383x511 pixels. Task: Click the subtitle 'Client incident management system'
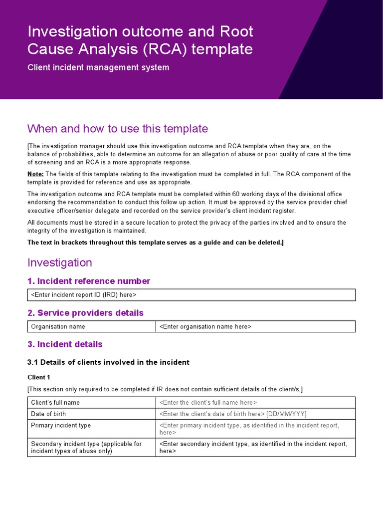point(98,67)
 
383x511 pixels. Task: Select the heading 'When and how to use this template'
point(117,129)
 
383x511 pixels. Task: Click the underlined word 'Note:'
point(36,174)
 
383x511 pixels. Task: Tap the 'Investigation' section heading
point(59,262)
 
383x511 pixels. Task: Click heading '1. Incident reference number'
point(88,281)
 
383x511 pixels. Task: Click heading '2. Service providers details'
point(85,313)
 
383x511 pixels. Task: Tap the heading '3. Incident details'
point(65,344)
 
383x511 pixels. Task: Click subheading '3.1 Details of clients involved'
point(108,362)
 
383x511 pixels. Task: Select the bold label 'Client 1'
point(39,378)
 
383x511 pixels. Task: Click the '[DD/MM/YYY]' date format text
point(286,414)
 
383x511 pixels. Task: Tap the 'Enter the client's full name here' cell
point(208,402)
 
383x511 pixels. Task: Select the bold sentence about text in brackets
point(156,243)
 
